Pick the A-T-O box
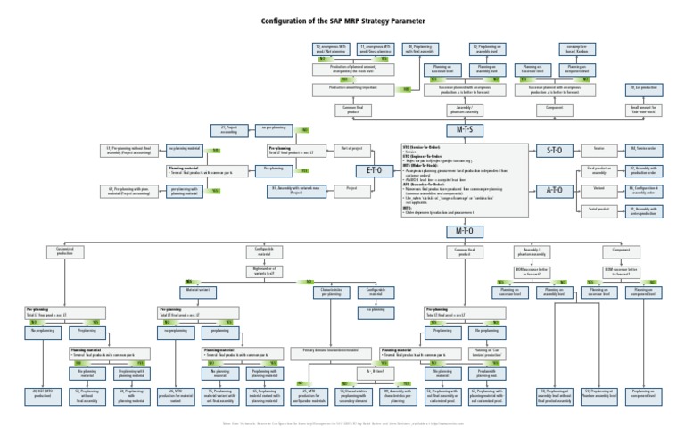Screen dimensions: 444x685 pyautogui.click(x=554, y=190)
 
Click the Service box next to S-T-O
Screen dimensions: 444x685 pyautogui.click(x=598, y=148)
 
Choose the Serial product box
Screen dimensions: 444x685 pyautogui.click(x=598, y=210)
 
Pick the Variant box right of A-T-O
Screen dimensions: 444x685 pyautogui.click(x=598, y=189)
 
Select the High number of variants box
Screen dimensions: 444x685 pyautogui.click(x=266, y=269)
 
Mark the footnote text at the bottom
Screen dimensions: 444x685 pyautogui.click(x=342, y=423)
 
